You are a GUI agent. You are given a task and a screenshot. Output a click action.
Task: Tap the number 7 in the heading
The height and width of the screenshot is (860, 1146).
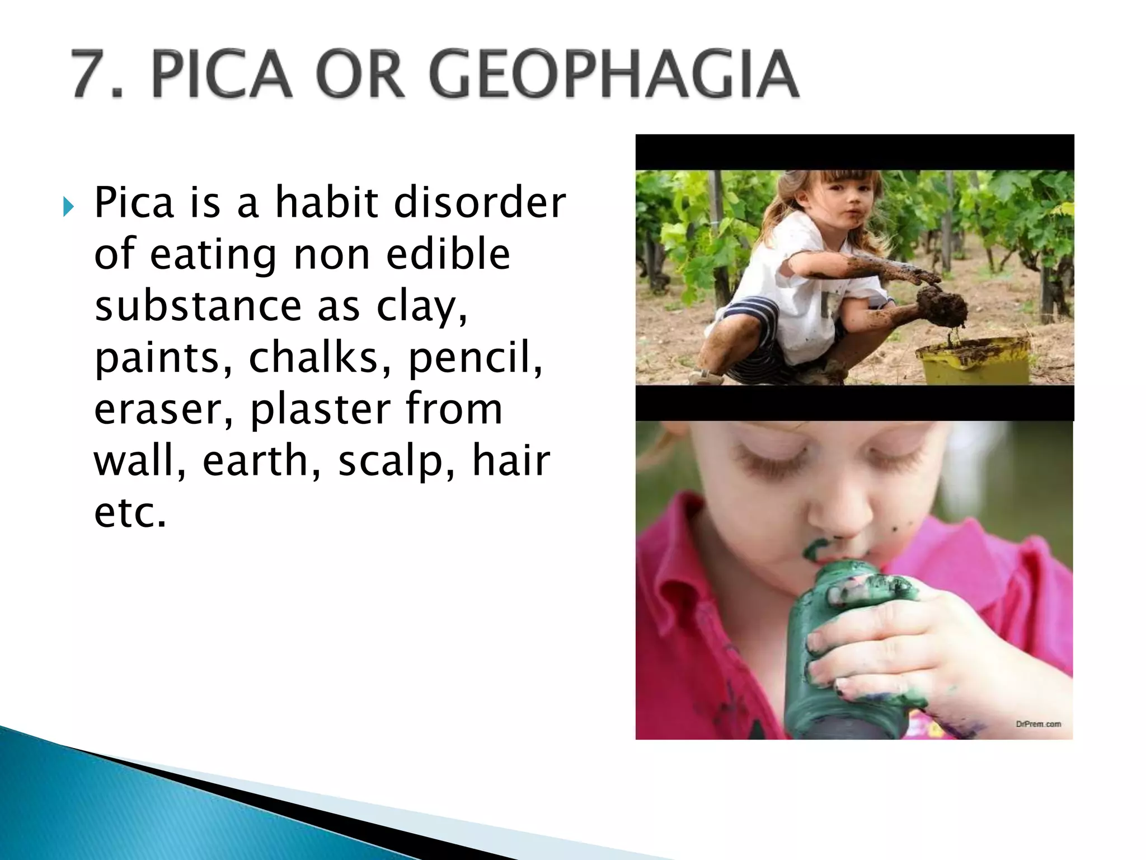92,74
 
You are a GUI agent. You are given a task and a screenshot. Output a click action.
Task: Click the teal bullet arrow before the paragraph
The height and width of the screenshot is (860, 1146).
68,208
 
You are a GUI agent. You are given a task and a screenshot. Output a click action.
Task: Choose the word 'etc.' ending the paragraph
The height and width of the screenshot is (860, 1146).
130,512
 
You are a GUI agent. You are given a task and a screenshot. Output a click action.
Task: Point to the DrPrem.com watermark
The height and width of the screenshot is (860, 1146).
1038,724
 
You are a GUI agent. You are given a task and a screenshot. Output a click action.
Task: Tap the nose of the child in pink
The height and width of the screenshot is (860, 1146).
839,518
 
